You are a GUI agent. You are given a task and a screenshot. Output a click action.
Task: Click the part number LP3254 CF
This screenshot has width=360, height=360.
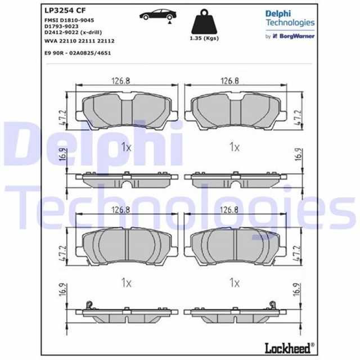(65, 10)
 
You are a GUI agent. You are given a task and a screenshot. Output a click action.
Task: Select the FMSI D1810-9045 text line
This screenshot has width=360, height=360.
(69, 20)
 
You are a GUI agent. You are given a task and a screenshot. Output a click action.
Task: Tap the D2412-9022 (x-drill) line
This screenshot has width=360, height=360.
(73, 33)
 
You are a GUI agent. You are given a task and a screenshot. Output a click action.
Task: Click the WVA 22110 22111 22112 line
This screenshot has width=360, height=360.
(79, 41)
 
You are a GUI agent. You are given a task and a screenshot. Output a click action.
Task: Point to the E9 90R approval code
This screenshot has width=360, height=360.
(78, 53)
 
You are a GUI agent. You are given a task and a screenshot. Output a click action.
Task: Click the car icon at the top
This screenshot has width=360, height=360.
(159, 16)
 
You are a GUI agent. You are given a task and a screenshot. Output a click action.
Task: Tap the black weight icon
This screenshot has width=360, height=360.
(204, 21)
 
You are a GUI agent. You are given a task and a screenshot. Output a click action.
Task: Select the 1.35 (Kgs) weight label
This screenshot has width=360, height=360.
(204, 38)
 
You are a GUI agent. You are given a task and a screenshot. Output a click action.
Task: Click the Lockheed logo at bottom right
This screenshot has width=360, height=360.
(290, 348)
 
